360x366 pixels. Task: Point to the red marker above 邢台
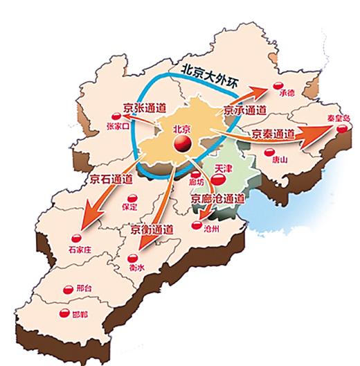pos(67,289)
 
